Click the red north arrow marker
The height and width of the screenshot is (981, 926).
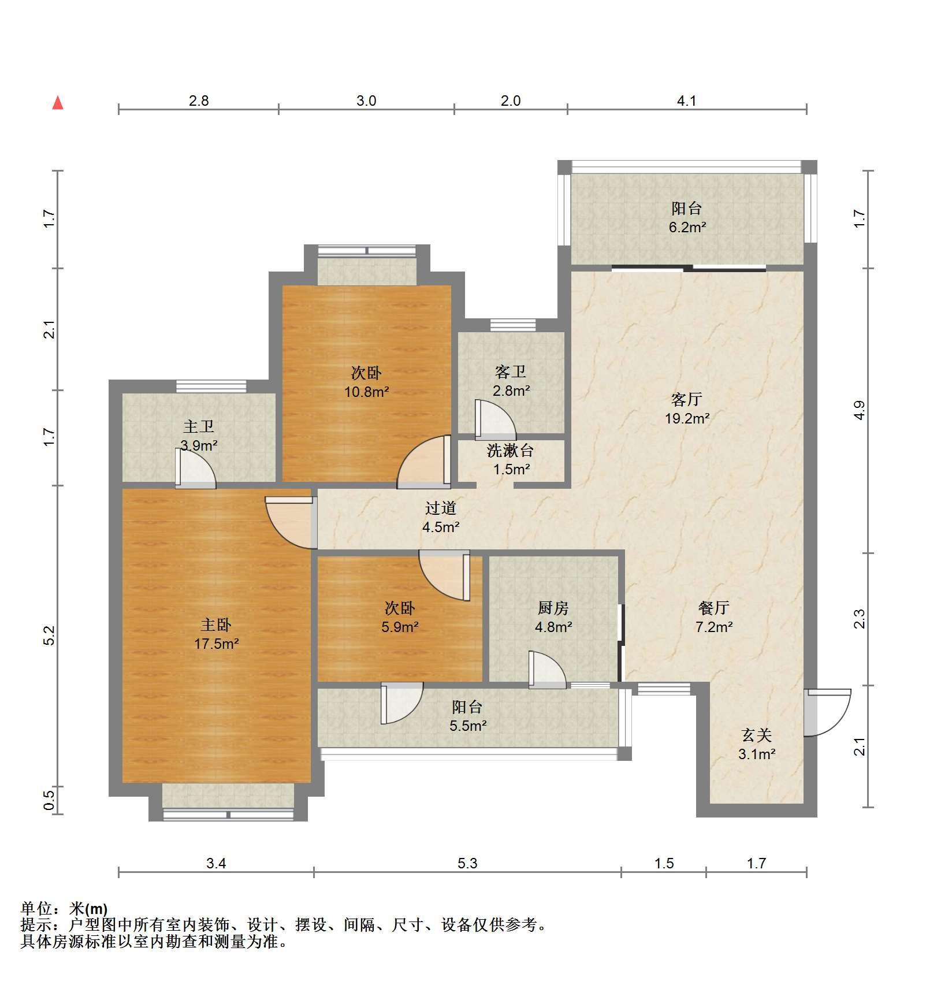coord(58,103)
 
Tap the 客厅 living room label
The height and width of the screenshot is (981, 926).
coord(686,399)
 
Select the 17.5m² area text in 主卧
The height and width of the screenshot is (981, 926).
coord(216,644)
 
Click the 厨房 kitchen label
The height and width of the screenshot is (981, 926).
coord(553,608)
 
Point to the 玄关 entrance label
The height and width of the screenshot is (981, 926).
coord(756,735)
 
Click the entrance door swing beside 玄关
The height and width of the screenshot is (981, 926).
coord(828,712)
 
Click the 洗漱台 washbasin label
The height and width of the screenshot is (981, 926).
coord(510,450)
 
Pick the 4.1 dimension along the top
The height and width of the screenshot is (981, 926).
coord(686,101)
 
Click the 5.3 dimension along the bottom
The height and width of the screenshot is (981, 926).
coord(467,863)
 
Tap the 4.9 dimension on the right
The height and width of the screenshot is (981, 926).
coord(860,410)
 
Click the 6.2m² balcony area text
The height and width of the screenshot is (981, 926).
coord(687,227)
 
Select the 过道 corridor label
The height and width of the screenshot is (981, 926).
coord(441,508)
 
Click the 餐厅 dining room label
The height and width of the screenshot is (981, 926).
coord(714,608)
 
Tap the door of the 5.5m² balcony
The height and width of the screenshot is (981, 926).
coord(401,703)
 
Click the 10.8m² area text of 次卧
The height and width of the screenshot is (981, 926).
coord(367,392)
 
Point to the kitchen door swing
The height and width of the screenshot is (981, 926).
coord(547,670)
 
